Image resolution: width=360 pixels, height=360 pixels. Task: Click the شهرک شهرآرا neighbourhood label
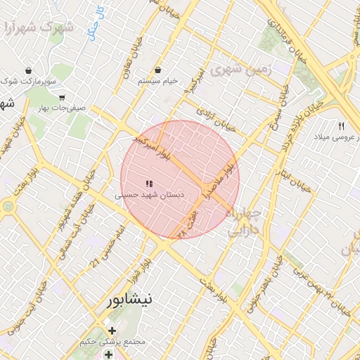coord(38,29)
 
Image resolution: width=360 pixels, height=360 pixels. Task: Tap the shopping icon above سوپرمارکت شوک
coord(28,71)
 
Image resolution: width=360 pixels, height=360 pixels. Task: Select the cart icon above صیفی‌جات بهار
coord(62,98)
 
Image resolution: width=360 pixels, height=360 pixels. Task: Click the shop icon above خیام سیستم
coord(158,70)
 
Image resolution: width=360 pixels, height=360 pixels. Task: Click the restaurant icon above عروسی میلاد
coord(341,126)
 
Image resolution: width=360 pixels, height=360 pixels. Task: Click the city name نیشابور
coord(129,300)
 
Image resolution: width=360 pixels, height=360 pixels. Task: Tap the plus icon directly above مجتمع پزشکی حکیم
coord(112,330)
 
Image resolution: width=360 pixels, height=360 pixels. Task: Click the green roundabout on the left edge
coord(8,207)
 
